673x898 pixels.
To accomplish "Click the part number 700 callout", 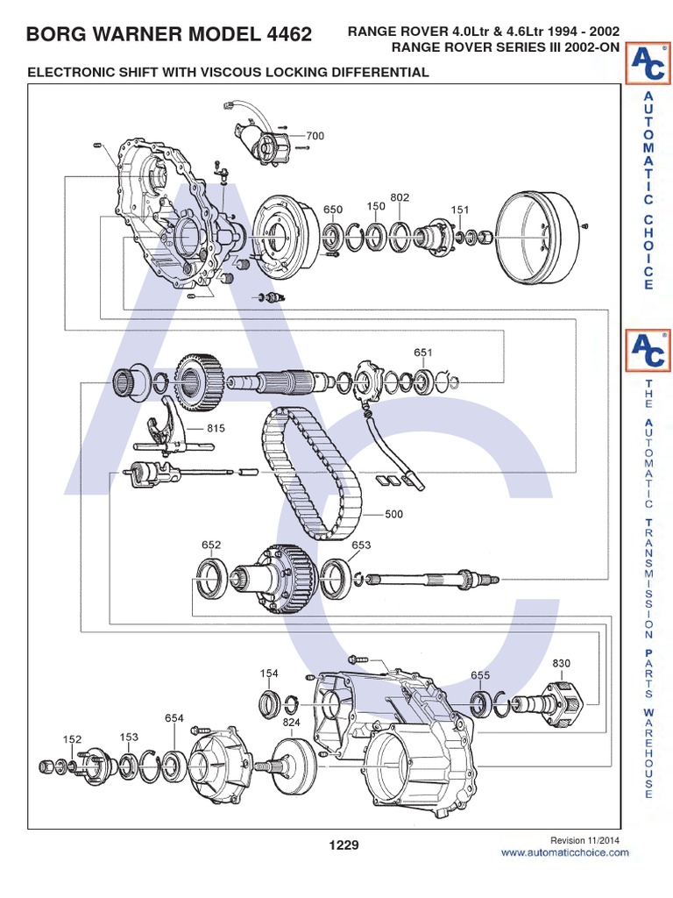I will click(315, 136).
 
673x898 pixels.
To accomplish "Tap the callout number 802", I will click(400, 198).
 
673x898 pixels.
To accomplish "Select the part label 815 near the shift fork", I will click(216, 429).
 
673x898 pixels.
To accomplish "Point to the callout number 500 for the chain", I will click(393, 515).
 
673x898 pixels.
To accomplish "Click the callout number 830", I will click(561, 664).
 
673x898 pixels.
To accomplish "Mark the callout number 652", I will click(211, 545).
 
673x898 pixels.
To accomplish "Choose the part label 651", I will click(423, 353).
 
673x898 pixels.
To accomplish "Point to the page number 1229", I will click(344, 845).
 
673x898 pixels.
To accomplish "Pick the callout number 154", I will click(268, 673).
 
